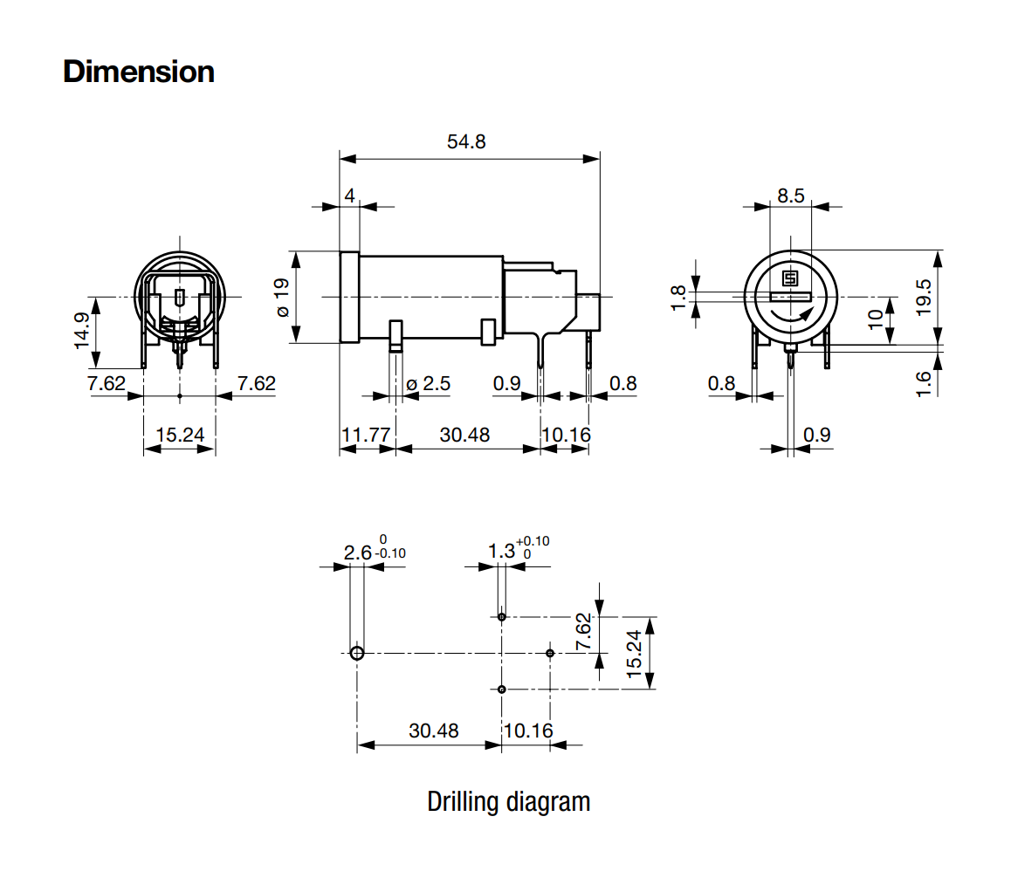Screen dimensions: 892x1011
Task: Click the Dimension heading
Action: pos(139,72)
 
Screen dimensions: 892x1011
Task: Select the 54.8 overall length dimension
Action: pos(466,141)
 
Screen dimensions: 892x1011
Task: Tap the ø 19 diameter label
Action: pos(281,298)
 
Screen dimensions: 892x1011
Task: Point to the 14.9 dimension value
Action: pos(81,331)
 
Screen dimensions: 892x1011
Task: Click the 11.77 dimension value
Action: pos(366,434)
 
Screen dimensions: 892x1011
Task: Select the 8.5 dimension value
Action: pos(790,196)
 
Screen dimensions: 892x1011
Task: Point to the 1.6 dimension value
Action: pos(925,381)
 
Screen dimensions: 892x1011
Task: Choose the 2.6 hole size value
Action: pos(357,552)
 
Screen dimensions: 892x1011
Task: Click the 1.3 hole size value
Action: pos(501,551)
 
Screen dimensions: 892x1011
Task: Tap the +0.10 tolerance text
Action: pos(533,541)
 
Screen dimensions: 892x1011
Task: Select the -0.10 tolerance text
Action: pos(390,553)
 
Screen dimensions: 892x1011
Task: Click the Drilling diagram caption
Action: pos(508,801)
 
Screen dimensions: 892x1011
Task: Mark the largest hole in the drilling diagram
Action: pos(356,653)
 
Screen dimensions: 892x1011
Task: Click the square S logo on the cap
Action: pos(790,278)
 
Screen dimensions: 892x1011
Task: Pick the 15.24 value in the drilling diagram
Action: pos(635,653)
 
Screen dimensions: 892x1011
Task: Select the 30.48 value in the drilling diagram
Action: pos(434,730)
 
